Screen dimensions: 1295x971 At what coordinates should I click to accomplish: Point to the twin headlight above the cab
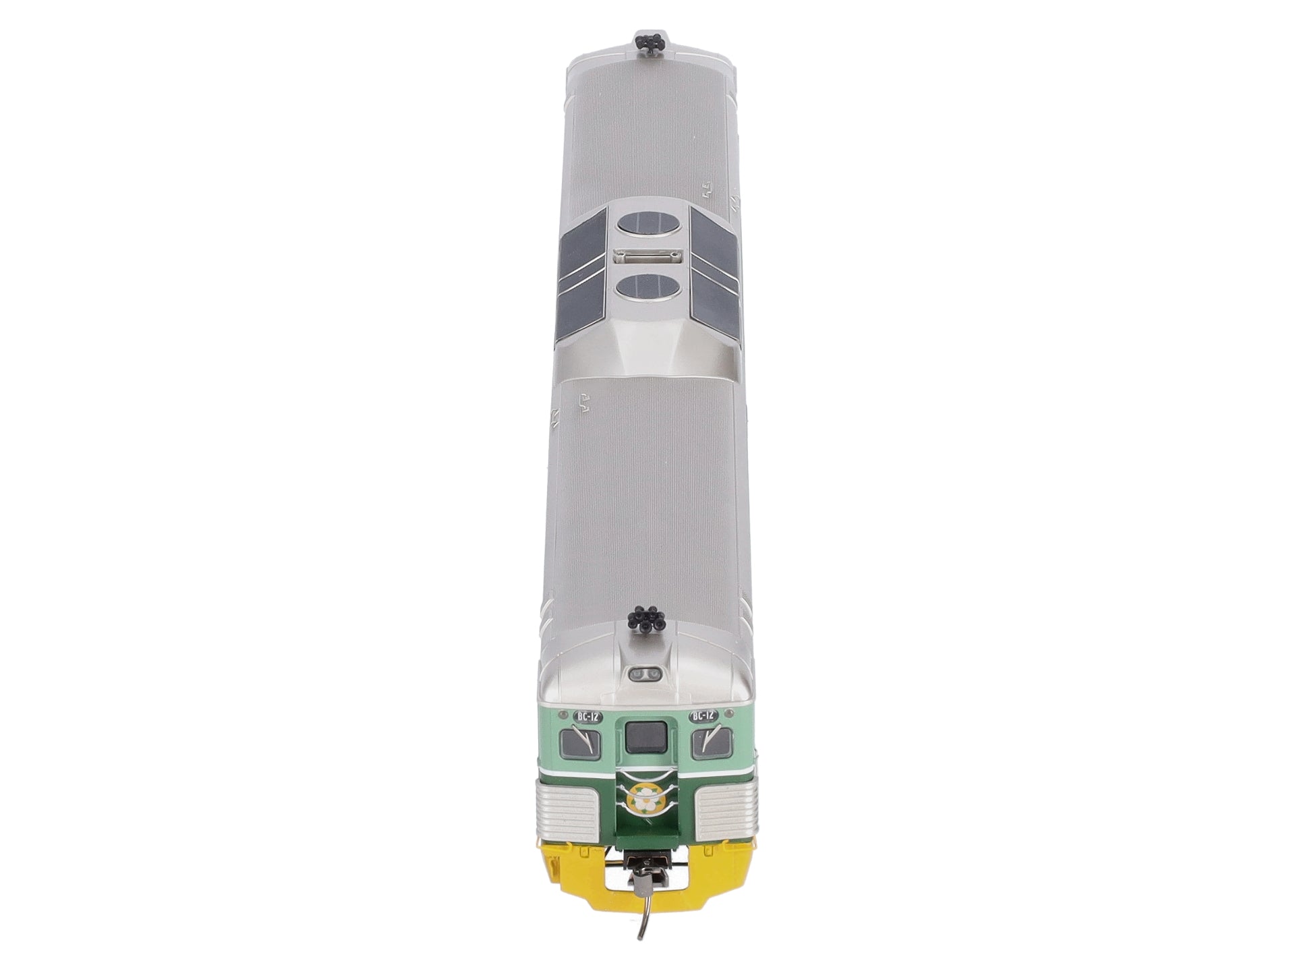(x=645, y=676)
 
